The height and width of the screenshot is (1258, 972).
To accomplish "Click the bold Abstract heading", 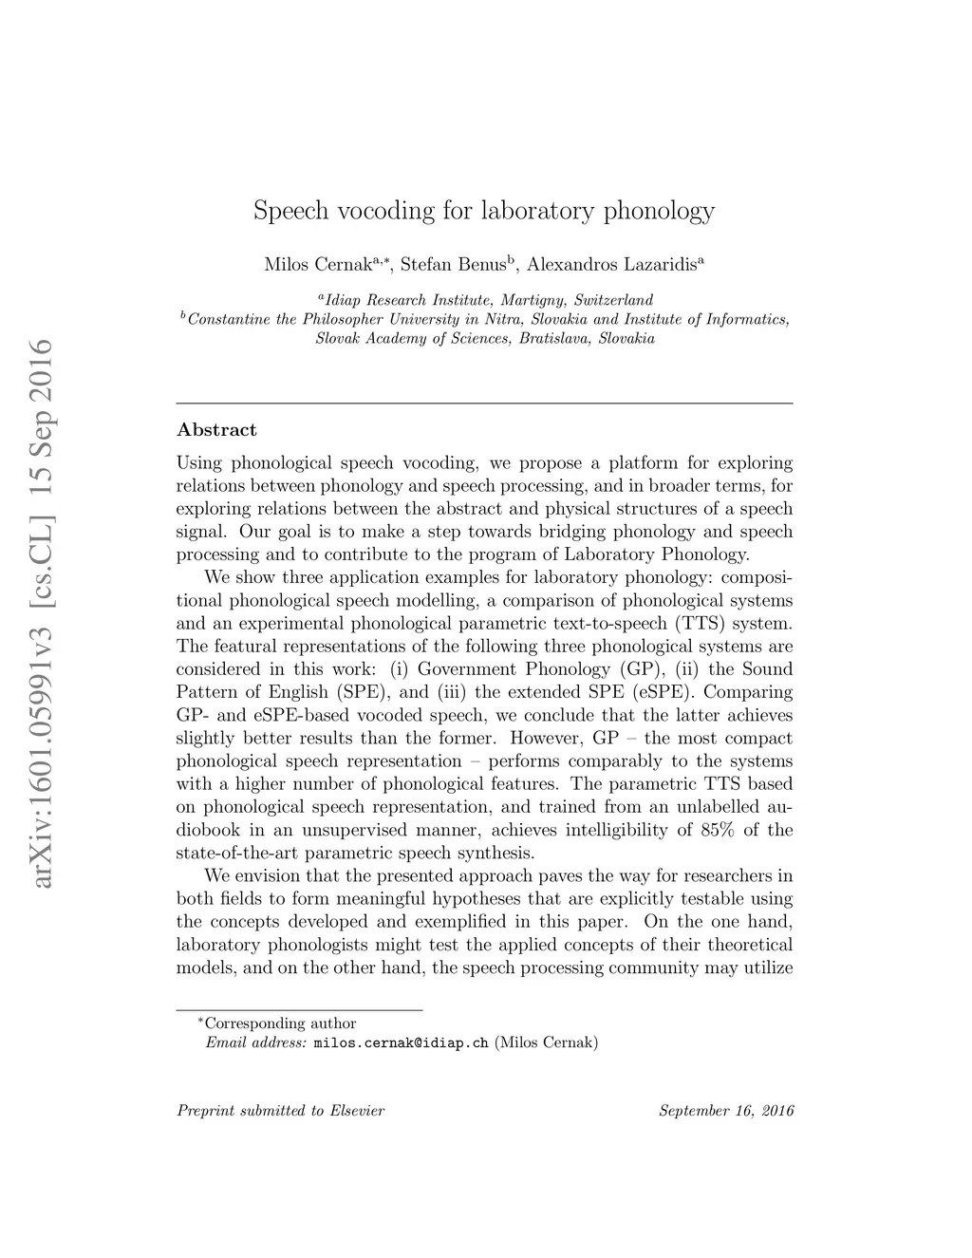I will click(x=216, y=430).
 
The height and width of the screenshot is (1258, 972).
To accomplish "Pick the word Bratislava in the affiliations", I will click(x=555, y=338).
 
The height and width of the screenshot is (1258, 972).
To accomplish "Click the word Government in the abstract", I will click(x=467, y=669).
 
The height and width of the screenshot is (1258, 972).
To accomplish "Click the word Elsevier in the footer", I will click(x=357, y=1111).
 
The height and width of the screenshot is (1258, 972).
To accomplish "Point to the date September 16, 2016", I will click(x=726, y=1111).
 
